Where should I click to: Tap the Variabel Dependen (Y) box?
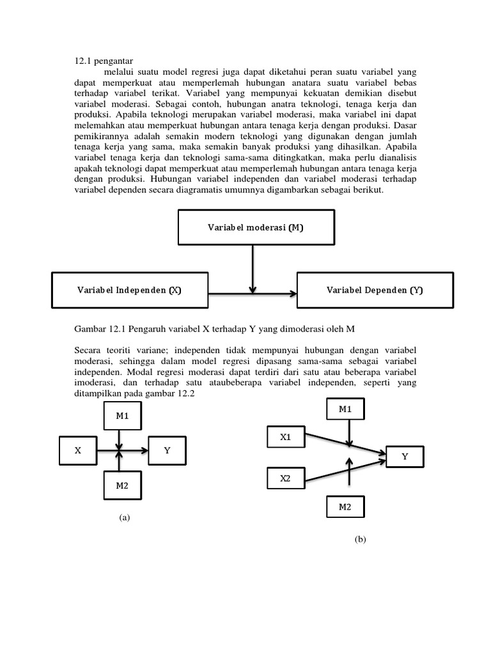[x=375, y=290]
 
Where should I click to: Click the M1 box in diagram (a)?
[x=122, y=416]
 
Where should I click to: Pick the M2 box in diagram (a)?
[x=122, y=486]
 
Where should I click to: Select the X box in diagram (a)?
[x=78, y=450]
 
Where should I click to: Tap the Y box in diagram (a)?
[x=167, y=450]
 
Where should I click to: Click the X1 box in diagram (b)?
[x=285, y=437]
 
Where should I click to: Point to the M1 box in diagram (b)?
[x=346, y=409]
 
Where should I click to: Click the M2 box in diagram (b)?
[x=346, y=507]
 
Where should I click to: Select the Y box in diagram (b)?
[x=405, y=457]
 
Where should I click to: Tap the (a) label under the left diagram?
[x=124, y=518]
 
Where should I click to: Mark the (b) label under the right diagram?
[x=360, y=540]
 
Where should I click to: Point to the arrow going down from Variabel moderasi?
[x=254, y=268]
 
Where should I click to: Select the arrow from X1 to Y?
[x=345, y=444]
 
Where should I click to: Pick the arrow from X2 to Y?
[x=345, y=471]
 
